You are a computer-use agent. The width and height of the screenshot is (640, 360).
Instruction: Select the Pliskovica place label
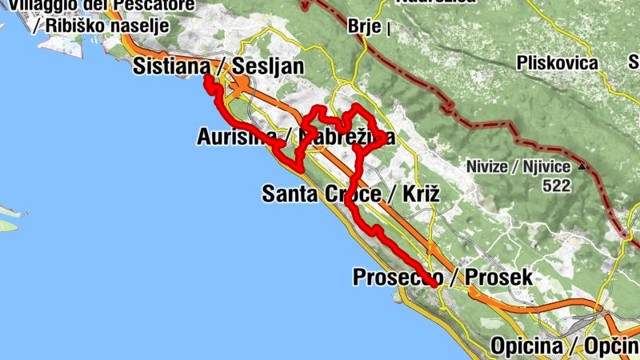(x=558, y=62)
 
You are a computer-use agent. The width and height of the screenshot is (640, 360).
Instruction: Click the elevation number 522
(x=555, y=186)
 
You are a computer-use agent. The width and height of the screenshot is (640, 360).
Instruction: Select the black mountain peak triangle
(x=582, y=167)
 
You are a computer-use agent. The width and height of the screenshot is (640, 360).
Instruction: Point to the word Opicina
(x=522, y=346)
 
